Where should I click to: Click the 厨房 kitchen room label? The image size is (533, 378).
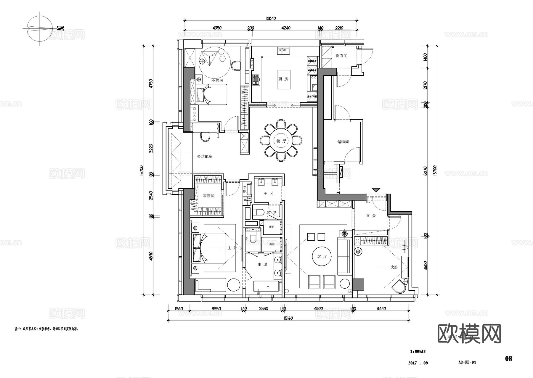click(283, 79)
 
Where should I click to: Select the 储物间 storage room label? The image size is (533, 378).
click(343, 142)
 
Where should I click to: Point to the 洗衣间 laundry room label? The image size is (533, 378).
click(341, 56)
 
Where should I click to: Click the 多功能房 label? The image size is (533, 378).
click(205, 156)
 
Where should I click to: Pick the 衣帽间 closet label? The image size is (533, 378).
click(209, 196)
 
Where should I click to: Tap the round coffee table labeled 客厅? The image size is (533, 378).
click(322, 256)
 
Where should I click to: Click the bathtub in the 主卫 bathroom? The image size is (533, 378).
click(266, 287)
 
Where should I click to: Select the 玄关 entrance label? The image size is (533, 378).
click(371, 216)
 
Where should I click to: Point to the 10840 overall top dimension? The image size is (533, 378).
click(270, 18)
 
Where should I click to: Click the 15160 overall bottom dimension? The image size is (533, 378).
click(288, 318)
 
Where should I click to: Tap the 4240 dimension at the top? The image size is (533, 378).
click(286, 28)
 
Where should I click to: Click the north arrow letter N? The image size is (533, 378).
click(60, 28)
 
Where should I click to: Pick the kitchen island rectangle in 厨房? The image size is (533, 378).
click(284, 79)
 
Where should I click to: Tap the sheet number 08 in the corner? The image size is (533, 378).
click(508, 358)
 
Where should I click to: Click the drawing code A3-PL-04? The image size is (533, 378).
click(467, 362)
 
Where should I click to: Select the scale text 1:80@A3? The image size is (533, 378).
click(418, 352)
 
